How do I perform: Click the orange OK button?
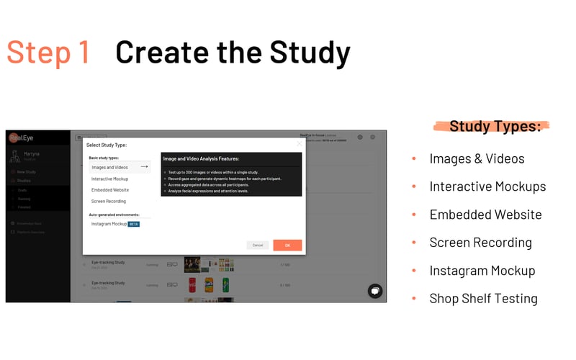pyautogui.click(x=287, y=245)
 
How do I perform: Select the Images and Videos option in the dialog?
pyautogui.click(x=109, y=167)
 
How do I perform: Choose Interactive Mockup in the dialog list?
pyautogui.click(x=109, y=179)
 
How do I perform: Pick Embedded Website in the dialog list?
pyautogui.click(x=110, y=190)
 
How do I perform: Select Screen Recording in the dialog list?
pyautogui.click(x=109, y=202)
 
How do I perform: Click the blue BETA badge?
pyautogui.click(x=134, y=224)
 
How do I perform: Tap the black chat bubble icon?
pyautogui.click(x=375, y=290)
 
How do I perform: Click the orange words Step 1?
pyautogui.click(x=48, y=52)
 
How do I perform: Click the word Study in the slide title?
pyautogui.click(x=310, y=52)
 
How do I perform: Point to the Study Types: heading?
pyautogui.click(x=495, y=127)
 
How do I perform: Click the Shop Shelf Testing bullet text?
pyautogui.click(x=483, y=298)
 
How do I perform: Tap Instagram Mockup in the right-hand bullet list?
pyautogui.click(x=482, y=271)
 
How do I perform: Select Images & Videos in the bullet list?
pyautogui.click(x=477, y=158)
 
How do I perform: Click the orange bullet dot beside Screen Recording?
pyautogui.click(x=414, y=243)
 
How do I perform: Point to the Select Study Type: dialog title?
pyautogui.click(x=107, y=145)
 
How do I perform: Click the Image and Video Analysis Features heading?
pyautogui.click(x=201, y=158)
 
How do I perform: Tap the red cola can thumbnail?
pyautogui.click(x=191, y=284)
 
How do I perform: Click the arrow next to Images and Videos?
pyautogui.click(x=144, y=167)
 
